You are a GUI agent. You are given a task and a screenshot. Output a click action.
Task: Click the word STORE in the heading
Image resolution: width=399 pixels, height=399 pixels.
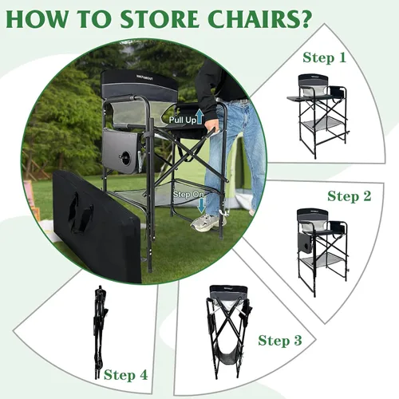[x=160, y=19]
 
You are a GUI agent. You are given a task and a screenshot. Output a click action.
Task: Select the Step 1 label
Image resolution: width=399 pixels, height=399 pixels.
[x=324, y=57]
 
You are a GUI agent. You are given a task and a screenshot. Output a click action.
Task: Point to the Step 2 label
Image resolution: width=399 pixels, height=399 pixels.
[x=349, y=196]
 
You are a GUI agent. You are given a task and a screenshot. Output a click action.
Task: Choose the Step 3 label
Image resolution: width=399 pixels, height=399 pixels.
[x=280, y=340]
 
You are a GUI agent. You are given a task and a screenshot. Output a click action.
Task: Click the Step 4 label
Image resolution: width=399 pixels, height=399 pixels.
[x=125, y=375]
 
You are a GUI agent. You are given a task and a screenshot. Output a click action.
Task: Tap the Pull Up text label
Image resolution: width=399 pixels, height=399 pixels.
[x=183, y=120]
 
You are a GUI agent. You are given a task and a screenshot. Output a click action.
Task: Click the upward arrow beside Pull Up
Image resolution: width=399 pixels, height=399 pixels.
[x=200, y=117]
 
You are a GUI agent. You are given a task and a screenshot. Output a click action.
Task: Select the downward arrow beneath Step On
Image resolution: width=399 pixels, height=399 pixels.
[x=201, y=205]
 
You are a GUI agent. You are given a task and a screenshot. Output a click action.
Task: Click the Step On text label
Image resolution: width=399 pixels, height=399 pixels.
[x=188, y=195]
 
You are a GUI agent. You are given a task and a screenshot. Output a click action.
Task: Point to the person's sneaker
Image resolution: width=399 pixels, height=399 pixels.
[x=208, y=222]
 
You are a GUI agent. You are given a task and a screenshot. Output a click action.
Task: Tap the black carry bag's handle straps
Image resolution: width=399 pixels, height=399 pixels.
[x=80, y=212]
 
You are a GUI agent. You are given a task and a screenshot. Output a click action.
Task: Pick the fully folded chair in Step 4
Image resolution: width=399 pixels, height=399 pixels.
[x=101, y=333]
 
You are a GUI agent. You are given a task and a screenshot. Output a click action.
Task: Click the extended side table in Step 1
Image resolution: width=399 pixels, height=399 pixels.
[x=300, y=98]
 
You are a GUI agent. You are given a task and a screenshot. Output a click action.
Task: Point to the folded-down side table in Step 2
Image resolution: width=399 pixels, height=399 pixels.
[x=305, y=243]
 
